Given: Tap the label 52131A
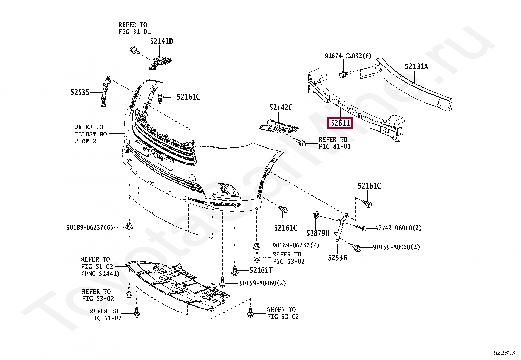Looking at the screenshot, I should (416, 66).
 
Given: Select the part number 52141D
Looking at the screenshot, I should (161, 41).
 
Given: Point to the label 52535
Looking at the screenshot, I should (80, 92).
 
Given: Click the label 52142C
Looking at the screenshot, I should (281, 107).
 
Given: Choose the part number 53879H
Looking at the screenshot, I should (318, 233).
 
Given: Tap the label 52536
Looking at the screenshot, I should (337, 258).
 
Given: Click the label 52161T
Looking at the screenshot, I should (261, 270).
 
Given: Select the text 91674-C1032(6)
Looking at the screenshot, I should (348, 56).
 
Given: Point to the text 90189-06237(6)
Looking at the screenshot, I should (89, 227).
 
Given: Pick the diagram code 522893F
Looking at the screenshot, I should (506, 353).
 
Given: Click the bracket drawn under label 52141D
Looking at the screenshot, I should (161, 62).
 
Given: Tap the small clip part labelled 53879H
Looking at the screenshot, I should (316, 215).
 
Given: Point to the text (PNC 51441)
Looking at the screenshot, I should (100, 274).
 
